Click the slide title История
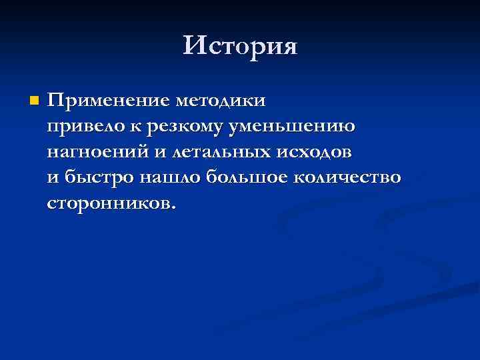(x=240, y=46)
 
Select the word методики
(x=220, y=101)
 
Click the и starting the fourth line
(x=53, y=177)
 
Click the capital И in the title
(x=194, y=46)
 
